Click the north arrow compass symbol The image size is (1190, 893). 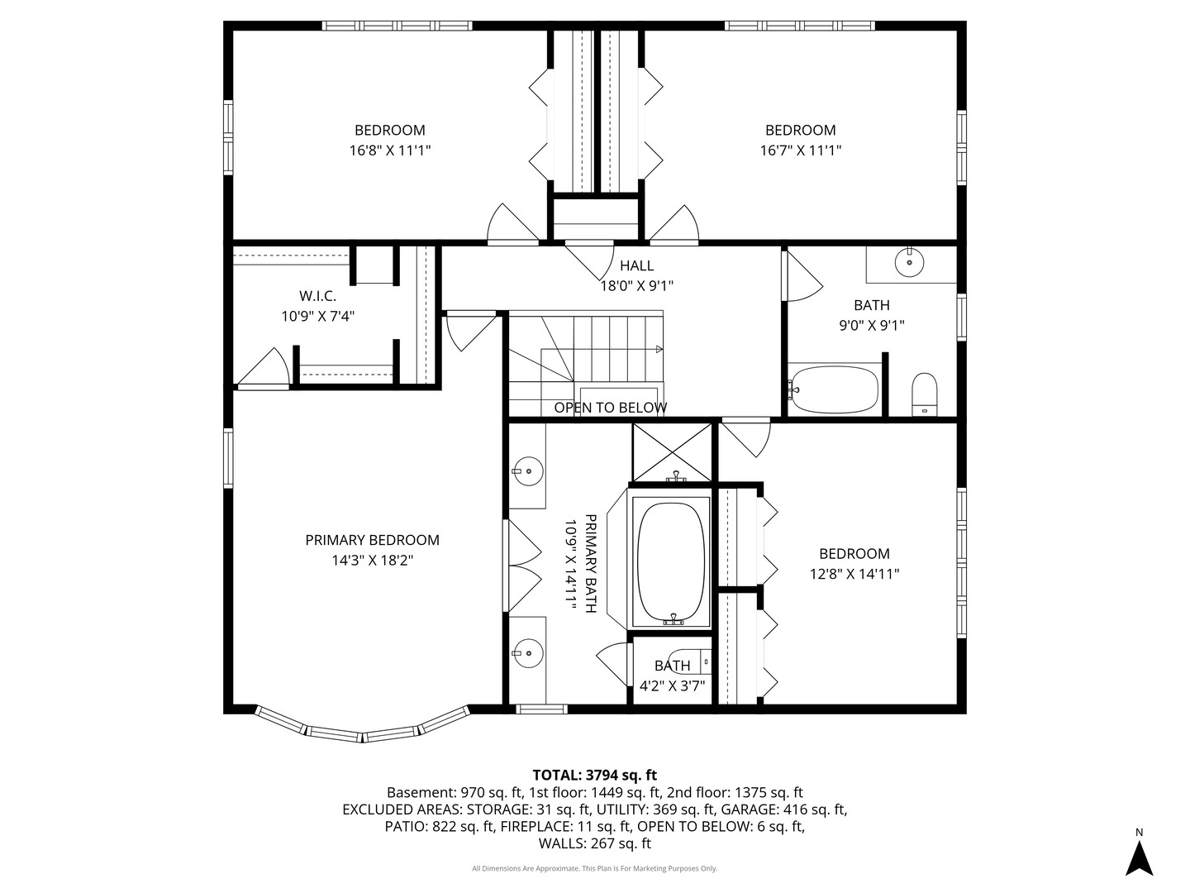click(1139, 858)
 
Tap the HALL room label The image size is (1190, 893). click(636, 265)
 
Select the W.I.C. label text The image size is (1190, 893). click(317, 296)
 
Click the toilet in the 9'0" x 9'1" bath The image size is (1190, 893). click(925, 394)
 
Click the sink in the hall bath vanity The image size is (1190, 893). click(909, 262)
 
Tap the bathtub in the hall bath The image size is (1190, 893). click(833, 389)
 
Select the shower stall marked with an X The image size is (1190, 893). click(672, 453)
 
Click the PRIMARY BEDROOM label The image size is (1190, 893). click(372, 540)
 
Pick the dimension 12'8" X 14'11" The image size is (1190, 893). click(854, 574)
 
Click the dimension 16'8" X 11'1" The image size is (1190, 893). click(390, 150)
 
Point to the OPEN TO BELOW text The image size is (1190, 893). click(611, 408)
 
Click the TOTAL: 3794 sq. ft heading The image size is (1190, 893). click(595, 775)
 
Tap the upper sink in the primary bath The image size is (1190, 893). click(528, 471)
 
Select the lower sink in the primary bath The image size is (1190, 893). click(528, 653)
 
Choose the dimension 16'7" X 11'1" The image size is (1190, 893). click(800, 150)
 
